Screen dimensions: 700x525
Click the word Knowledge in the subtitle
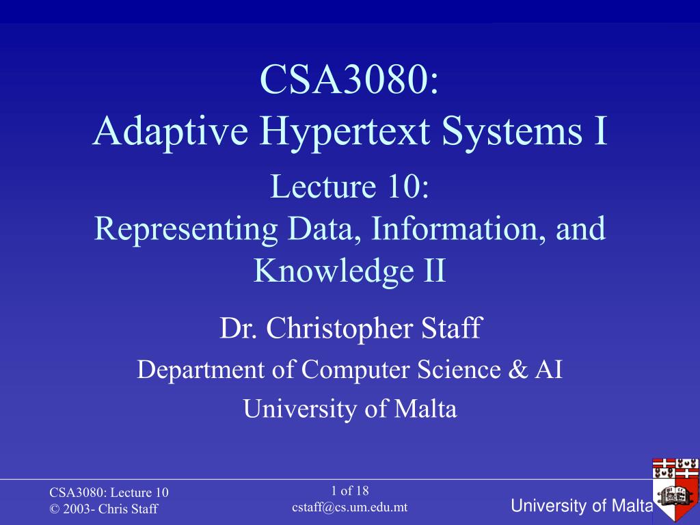click(334, 271)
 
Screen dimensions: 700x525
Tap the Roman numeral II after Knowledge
click(434, 270)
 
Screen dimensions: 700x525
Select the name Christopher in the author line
click(340, 329)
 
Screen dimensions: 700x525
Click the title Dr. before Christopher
click(239, 329)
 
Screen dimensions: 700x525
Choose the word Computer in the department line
click(355, 371)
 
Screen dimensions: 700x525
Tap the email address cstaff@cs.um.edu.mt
click(349, 508)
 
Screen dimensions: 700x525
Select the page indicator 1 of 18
click(349, 491)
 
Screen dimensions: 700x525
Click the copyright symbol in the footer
click(55, 509)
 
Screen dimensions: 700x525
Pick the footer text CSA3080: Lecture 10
click(109, 492)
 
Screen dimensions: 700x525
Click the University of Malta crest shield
click(675, 488)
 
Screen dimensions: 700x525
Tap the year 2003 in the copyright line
click(77, 509)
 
